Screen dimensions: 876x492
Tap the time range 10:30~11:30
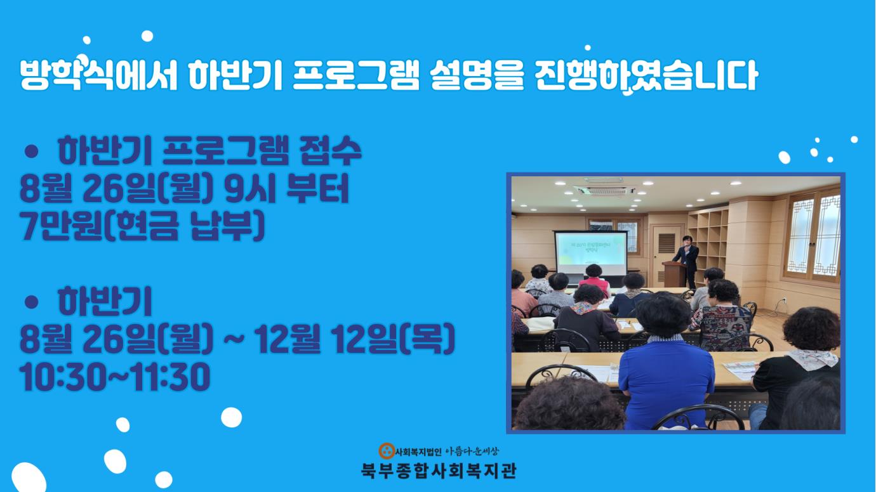(115, 377)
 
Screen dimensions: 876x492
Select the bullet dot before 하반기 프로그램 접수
(31, 152)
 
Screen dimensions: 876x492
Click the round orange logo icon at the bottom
(387, 451)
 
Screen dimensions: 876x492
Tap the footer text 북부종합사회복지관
(439, 471)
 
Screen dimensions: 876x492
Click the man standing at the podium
(686, 261)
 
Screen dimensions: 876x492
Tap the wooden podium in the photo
(674, 274)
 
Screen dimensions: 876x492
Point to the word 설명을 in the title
(476, 75)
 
